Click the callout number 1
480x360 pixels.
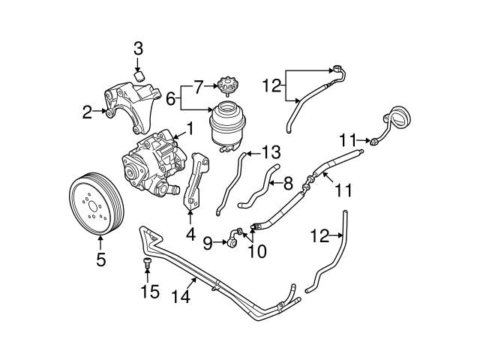tap(190, 128)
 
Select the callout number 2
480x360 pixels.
tap(88, 113)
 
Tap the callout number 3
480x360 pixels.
tap(138, 49)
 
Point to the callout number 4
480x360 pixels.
tap(190, 234)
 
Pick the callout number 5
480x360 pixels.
tap(101, 260)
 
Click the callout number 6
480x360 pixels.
tap(170, 99)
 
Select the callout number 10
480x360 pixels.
tap(256, 251)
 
